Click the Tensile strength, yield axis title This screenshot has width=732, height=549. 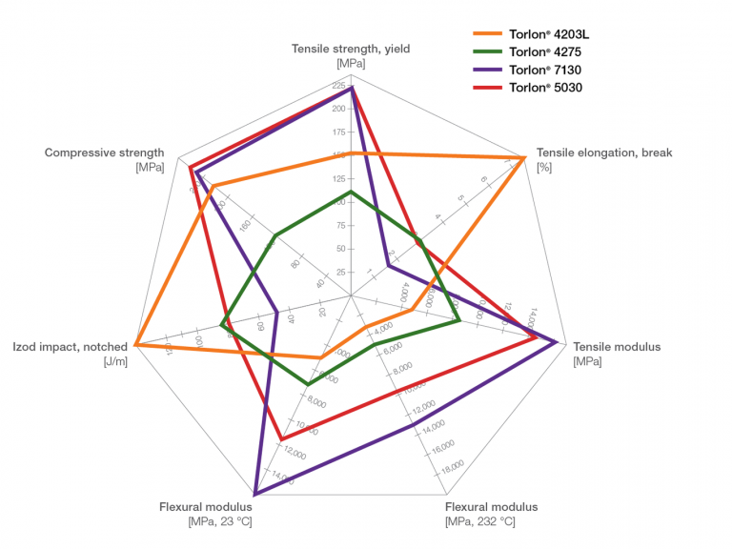(351, 49)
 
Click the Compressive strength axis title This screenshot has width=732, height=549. (104, 152)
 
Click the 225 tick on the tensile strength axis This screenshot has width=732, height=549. (339, 88)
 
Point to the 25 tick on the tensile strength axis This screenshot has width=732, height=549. (340, 273)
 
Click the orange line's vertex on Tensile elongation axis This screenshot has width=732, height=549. (525, 157)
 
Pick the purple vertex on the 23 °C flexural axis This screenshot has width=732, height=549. (255, 493)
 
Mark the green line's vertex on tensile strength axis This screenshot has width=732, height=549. (351, 192)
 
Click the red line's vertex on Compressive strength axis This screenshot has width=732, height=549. (191, 169)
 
